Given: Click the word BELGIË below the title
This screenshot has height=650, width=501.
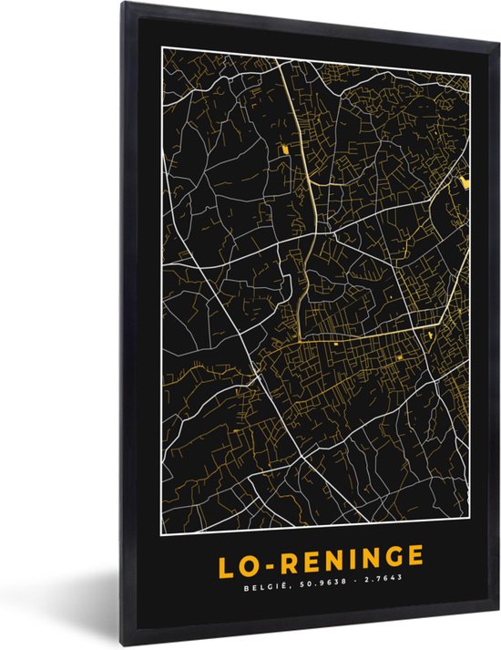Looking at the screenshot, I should pos(264,576).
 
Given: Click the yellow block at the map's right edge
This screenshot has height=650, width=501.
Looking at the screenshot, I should pos(465,183).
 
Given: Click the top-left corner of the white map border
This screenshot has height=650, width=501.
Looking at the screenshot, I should pos(162,68).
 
